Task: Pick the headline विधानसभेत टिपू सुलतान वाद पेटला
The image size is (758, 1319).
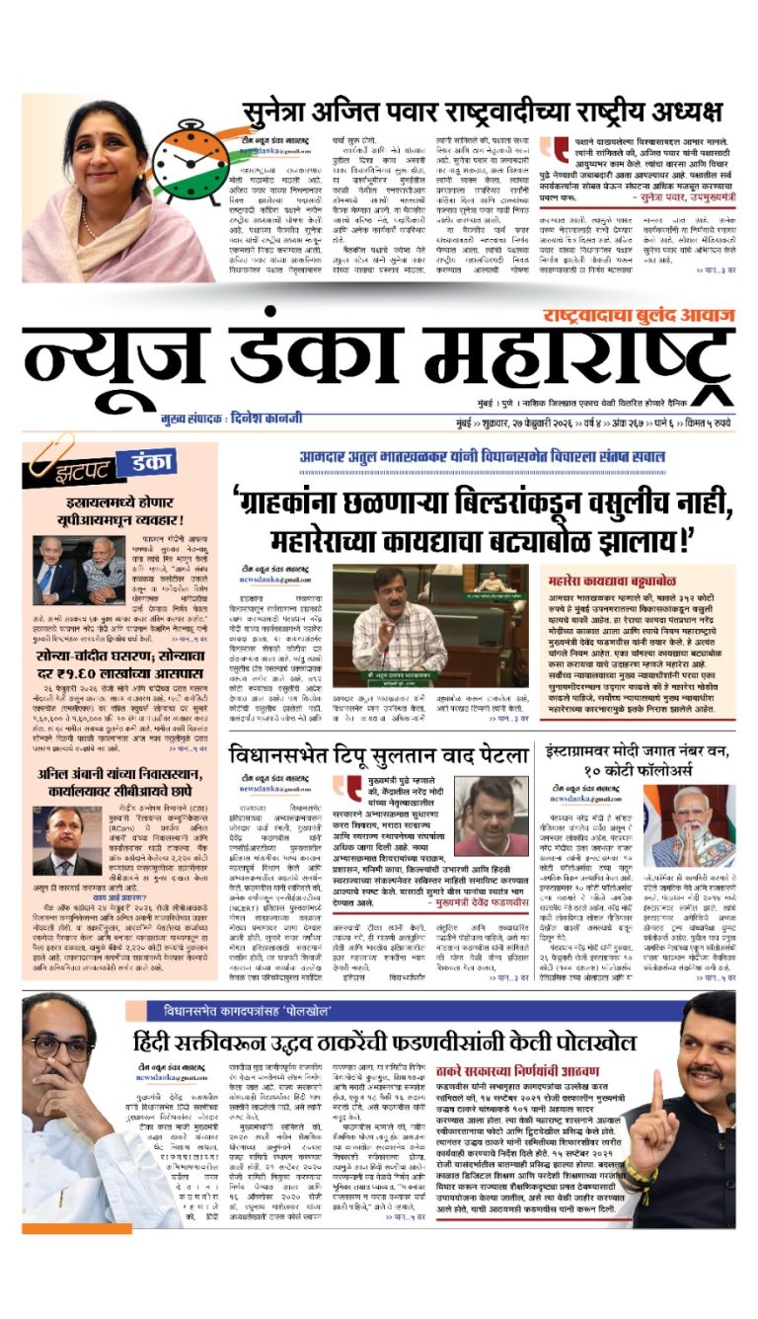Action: [x=379, y=757]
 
